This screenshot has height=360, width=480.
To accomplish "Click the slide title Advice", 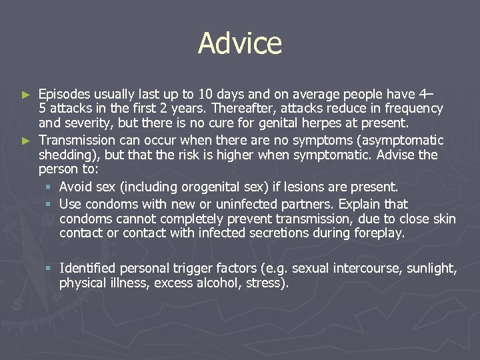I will click(240, 44).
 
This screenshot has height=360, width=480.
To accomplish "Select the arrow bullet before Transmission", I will click(26, 141).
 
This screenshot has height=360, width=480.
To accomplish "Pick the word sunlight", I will click(431, 268).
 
